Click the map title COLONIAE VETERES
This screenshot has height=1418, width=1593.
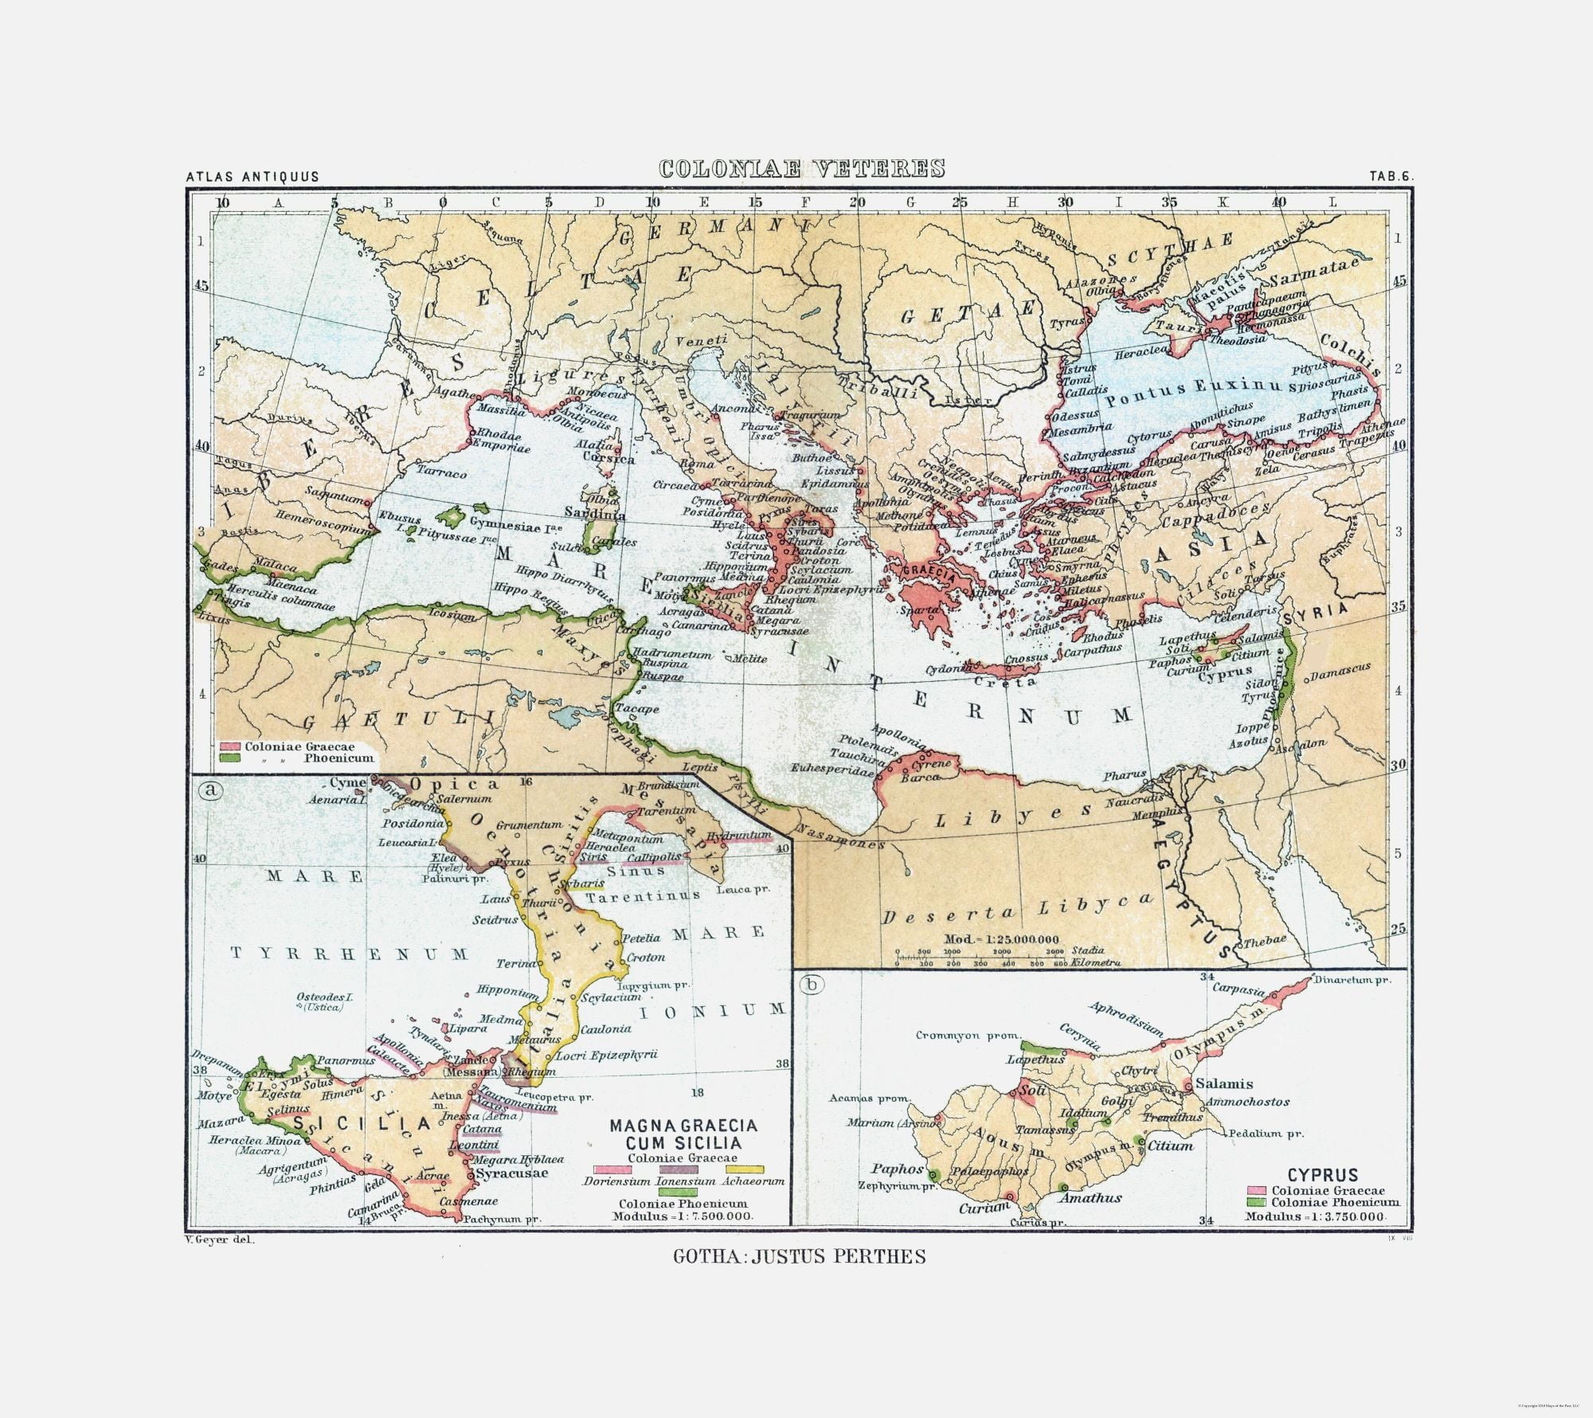(x=802, y=169)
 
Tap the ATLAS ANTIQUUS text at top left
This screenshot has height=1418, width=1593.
(x=252, y=177)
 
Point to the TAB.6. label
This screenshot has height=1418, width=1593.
(x=1391, y=177)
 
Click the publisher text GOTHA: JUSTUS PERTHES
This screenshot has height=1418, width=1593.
(x=800, y=1279)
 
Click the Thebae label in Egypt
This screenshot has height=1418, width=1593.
(x=1265, y=940)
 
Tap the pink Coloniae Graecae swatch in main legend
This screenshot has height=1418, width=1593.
(x=230, y=747)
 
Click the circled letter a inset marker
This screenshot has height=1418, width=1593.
(x=210, y=790)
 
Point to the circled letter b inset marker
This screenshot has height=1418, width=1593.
(x=812, y=985)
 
